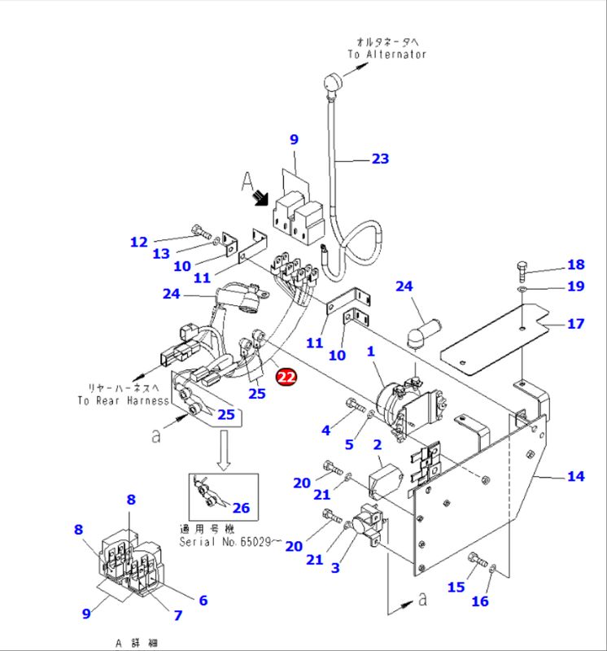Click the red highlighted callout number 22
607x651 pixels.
coord(286,377)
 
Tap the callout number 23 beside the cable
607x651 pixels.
coord(380,159)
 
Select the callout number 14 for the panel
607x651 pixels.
coord(575,476)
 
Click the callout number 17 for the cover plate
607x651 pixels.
coord(575,324)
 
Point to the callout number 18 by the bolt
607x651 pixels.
coord(575,264)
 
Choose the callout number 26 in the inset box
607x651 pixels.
coord(241,509)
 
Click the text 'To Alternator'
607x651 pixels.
coord(386,55)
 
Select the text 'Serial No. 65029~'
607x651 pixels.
coord(229,541)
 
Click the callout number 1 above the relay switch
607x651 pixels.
coord(370,352)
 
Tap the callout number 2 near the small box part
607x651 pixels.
coord(378,444)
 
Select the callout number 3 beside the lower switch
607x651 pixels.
coord(334,569)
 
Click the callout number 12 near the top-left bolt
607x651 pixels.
coord(139,242)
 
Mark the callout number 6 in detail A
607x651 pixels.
coord(203,600)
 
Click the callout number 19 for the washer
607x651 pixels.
coord(575,286)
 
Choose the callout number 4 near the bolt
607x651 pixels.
coord(325,429)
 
